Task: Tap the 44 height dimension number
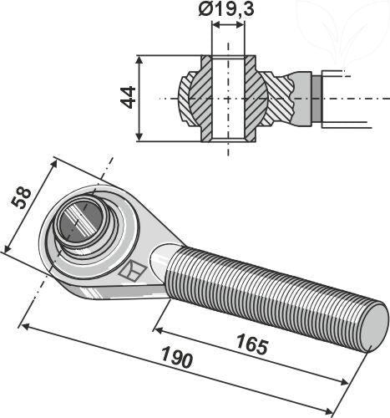pos(127,97)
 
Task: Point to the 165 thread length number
pos(252,342)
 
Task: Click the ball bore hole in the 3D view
pos(82,223)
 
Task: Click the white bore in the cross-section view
pos(229,97)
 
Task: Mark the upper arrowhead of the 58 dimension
pos(53,160)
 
